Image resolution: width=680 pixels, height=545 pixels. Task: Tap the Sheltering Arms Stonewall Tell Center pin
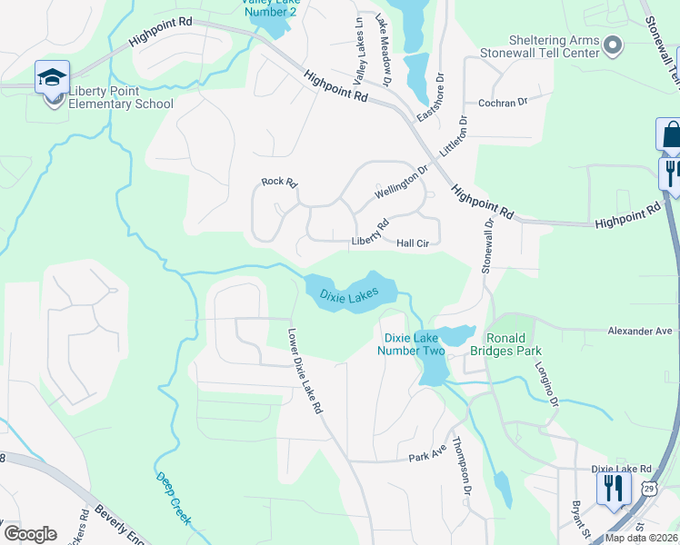(613, 45)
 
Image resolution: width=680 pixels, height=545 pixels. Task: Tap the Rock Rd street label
(279, 182)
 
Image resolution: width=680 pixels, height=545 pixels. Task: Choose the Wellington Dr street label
(401, 182)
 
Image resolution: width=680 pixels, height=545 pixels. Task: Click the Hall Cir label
(418, 243)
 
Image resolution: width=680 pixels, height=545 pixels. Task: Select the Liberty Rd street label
(370, 233)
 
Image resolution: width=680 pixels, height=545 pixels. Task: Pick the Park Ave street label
(427, 453)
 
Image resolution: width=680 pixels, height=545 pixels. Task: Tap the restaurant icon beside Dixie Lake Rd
(613, 488)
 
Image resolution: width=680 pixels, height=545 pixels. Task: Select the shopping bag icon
(670, 134)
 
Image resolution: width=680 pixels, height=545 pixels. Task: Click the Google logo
(30, 533)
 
